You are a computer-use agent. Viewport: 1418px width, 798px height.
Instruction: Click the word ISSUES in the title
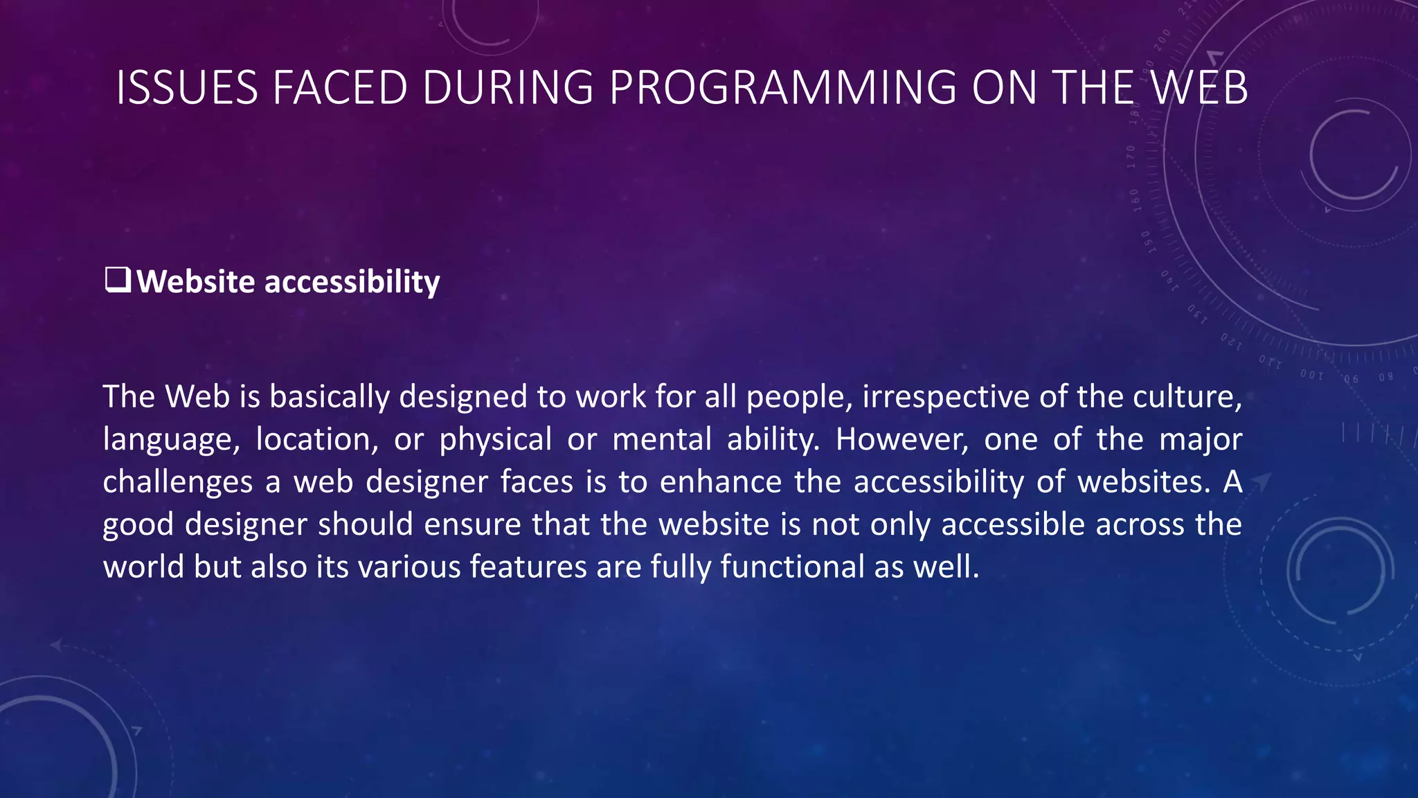(186, 88)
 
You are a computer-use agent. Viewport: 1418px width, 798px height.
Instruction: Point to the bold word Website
(196, 282)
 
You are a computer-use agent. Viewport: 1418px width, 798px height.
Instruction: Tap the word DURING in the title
(508, 88)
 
